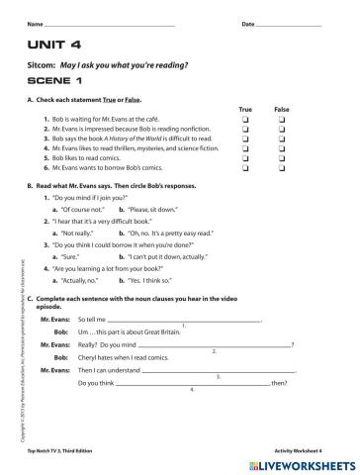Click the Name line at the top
(x=109, y=23)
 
